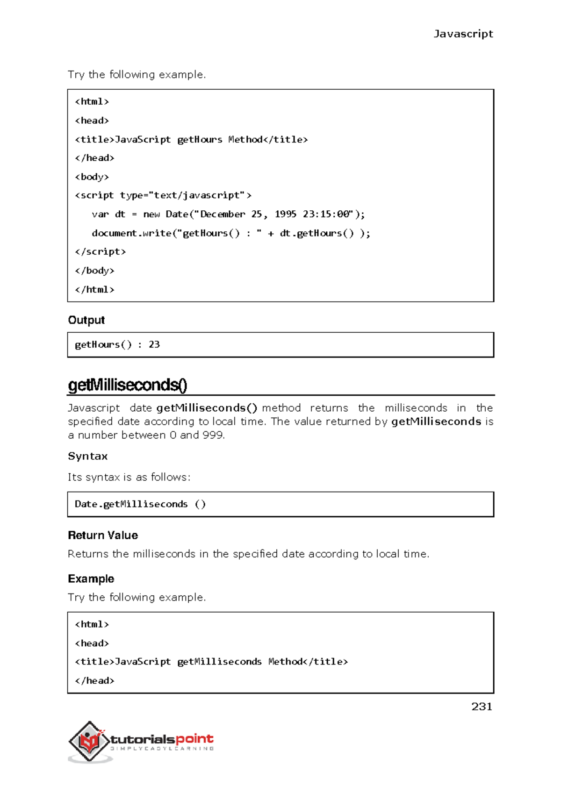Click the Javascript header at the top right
[463, 34]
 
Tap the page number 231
[482, 706]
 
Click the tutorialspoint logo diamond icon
[89, 740]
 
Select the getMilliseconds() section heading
[128, 385]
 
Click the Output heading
[86, 320]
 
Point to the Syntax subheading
[88, 456]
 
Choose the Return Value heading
[103, 535]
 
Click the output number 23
[154, 344]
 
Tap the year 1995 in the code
[285, 214]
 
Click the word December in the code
[223, 214]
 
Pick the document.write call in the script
[132, 233]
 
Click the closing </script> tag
[100, 251]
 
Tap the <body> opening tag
[92, 177]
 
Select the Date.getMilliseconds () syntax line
[140, 504]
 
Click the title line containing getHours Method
[191, 139]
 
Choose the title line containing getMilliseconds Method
[211, 661]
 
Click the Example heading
[91, 579]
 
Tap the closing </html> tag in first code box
[94, 289]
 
